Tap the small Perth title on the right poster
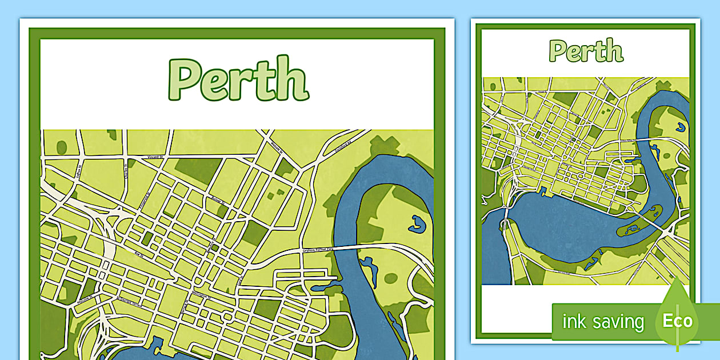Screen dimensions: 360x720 [x=586, y=51]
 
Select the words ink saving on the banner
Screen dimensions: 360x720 [x=602, y=322]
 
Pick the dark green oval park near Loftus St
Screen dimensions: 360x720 [x=61, y=147]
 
